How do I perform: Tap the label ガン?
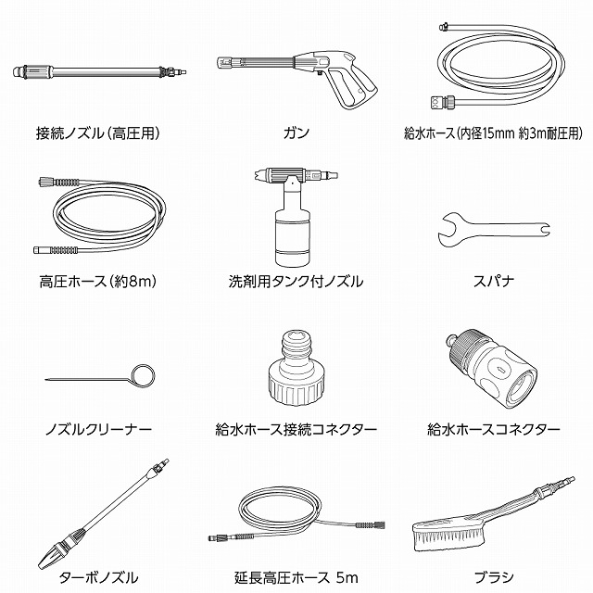click(x=296, y=133)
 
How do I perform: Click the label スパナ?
click(x=494, y=282)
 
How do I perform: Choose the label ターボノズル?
click(x=98, y=577)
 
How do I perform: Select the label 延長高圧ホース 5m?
click(x=296, y=577)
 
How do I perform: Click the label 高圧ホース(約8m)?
click(x=98, y=282)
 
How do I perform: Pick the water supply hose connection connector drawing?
click(x=296, y=369)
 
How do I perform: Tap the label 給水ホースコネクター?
click(x=494, y=430)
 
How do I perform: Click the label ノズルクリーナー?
click(x=98, y=430)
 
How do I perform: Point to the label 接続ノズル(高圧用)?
click(x=98, y=133)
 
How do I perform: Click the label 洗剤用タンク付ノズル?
click(x=296, y=282)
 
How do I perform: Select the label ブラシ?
click(x=494, y=577)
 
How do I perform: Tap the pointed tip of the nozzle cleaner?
click(x=45, y=379)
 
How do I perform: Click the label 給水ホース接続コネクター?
click(x=296, y=430)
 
